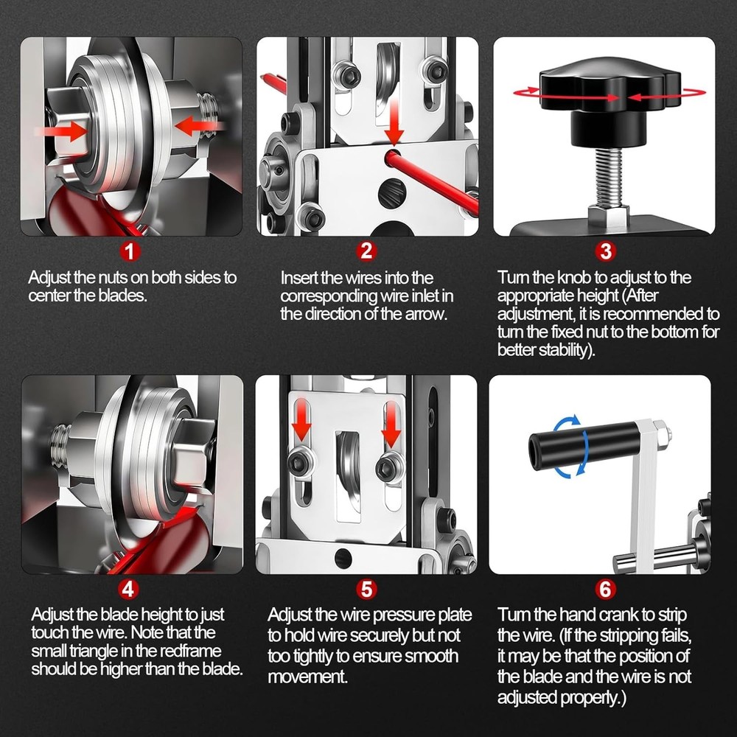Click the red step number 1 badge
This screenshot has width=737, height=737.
[x=130, y=251]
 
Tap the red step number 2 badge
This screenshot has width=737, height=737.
[x=366, y=251]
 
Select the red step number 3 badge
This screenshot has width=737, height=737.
[x=605, y=251]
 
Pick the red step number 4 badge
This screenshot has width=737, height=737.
[x=128, y=588]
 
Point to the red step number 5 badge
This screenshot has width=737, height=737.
[x=366, y=589]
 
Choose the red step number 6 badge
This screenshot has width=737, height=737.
[x=605, y=589]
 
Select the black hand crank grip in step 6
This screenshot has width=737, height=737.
[x=584, y=446]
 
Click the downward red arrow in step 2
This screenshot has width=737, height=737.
[x=394, y=122]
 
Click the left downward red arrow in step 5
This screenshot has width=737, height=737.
[x=301, y=420]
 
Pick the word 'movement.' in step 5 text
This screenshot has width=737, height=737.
[x=307, y=677]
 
